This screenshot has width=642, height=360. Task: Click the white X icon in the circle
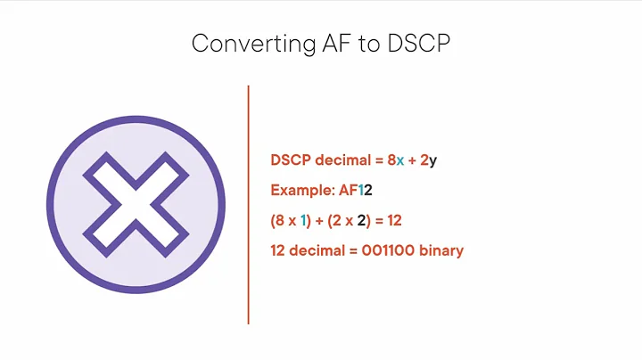pos(133,204)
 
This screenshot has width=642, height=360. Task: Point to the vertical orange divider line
pos(248,204)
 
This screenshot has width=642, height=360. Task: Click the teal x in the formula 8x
pos(400,160)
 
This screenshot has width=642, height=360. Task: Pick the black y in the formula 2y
pos(432,161)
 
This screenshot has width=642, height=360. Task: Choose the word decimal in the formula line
pos(343,160)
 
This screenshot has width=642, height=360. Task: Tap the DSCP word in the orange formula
pos(291,160)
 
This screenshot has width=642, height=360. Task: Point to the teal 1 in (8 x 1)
pos(303,220)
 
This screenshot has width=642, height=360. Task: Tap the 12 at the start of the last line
pos(278,250)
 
